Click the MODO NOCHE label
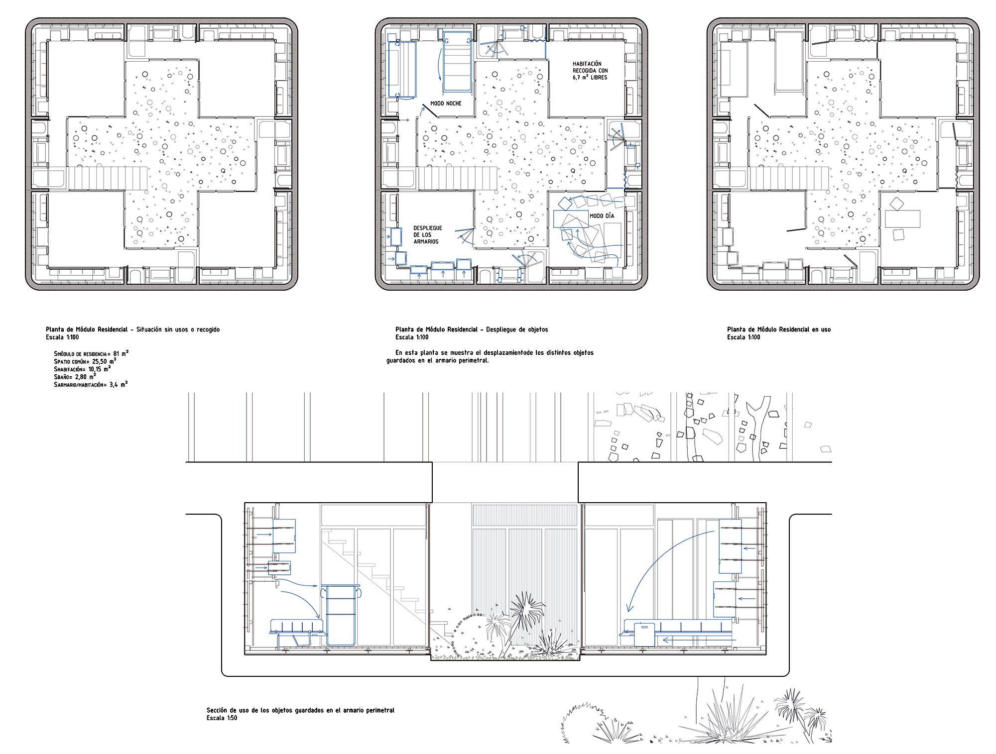[446, 104]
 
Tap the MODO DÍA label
[602, 216]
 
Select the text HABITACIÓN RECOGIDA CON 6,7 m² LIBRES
[590, 71]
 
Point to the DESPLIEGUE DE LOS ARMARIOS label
[428, 235]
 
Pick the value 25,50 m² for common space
[104, 361]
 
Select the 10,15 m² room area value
[100, 369]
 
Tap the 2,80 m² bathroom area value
[85, 377]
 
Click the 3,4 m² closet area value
[119, 384]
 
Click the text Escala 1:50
[222, 718]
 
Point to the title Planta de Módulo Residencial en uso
[779, 329]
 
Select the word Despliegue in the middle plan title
[502, 329]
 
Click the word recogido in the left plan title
[208, 329]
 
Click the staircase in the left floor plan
[108, 179]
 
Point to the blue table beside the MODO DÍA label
[571, 219]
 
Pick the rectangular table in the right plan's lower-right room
[902, 219]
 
